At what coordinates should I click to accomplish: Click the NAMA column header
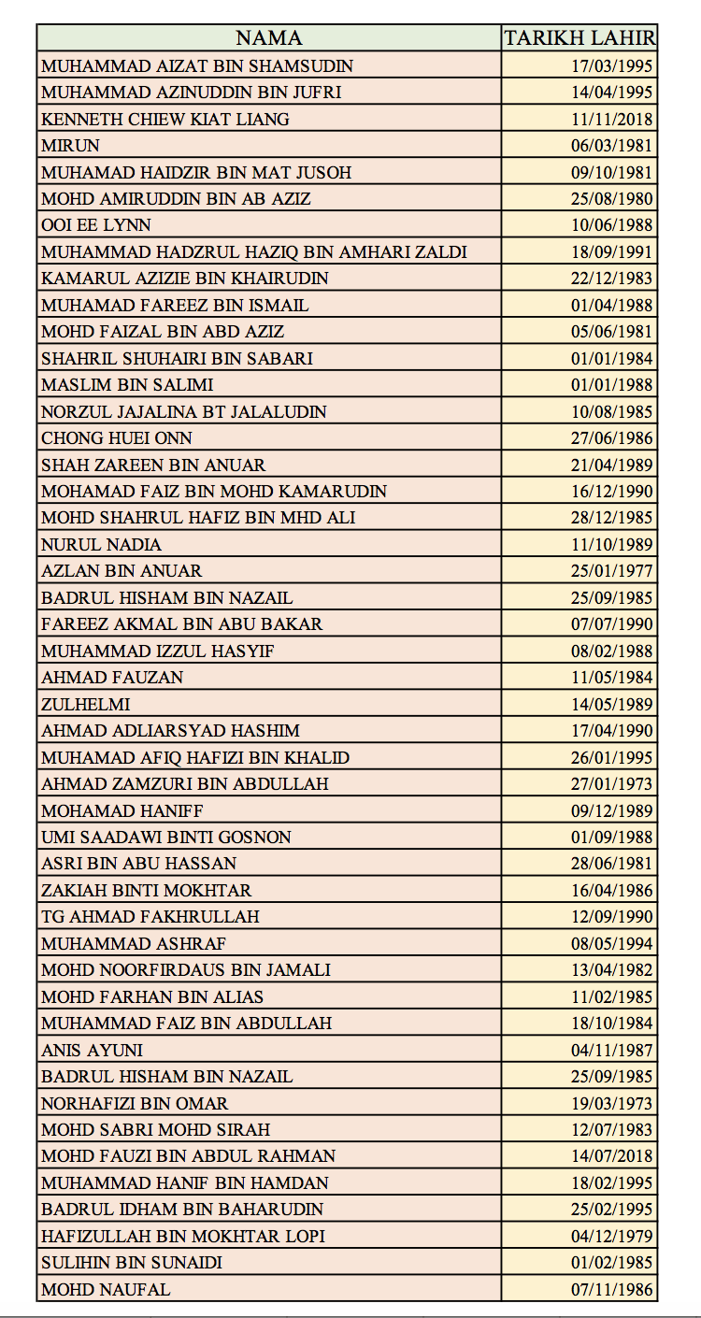pos(268,38)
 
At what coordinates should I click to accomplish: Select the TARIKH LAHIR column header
pos(579,38)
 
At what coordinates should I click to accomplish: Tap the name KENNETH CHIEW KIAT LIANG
pos(165,119)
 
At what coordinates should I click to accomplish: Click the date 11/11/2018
pos(612,119)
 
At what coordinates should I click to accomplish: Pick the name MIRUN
pos(70,145)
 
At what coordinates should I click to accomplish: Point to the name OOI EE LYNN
pos(96,225)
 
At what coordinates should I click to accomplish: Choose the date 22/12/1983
pos(612,279)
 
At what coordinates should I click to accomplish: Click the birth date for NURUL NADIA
pos(612,544)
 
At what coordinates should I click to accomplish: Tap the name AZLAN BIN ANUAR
pos(122,570)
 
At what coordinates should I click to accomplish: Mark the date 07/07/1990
pos(612,623)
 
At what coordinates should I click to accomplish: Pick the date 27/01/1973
pos(612,783)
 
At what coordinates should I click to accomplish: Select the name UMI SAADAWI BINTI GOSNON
pos(166,837)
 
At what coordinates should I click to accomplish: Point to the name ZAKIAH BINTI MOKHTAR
pos(147,890)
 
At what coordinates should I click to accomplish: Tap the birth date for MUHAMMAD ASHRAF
pos(612,943)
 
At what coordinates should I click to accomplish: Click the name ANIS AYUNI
pos(93,1050)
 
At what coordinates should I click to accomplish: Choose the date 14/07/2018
pos(612,1156)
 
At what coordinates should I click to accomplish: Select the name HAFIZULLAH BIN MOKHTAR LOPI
pos(183,1236)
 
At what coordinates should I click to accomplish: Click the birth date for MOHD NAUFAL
pos(612,1289)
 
